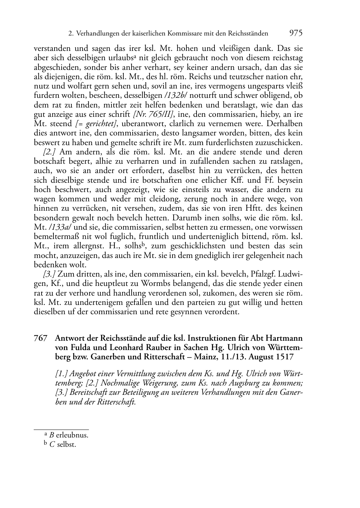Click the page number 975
[x=295, y=33]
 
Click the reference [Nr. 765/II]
[x=153, y=114]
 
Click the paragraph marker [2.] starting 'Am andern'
[x=49, y=152]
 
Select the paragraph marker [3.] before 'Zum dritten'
[x=49, y=274]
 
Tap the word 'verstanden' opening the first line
[x=51, y=48]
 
